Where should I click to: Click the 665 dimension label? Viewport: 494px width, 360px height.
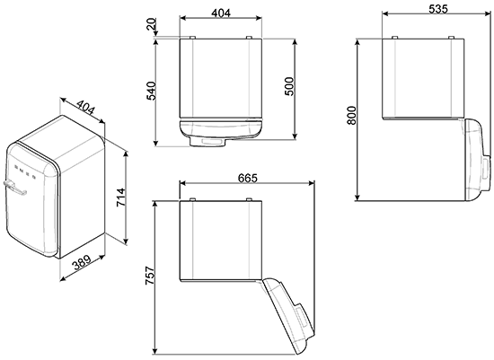pyautogui.click(x=247, y=178)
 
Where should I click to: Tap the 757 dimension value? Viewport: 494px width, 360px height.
pyautogui.click(x=150, y=276)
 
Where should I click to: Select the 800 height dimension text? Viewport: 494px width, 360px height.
pyautogui.click(x=351, y=116)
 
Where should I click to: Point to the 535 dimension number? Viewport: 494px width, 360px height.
pyautogui.click(x=438, y=9)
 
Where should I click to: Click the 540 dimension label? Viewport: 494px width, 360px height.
pyautogui.click(x=151, y=91)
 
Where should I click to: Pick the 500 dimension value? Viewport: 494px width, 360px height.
pyautogui.click(x=289, y=86)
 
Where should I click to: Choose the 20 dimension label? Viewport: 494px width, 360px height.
pyautogui.click(x=152, y=24)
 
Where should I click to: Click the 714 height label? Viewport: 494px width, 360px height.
pyautogui.click(x=120, y=198)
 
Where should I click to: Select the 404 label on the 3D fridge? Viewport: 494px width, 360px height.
pyautogui.click(x=85, y=108)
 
